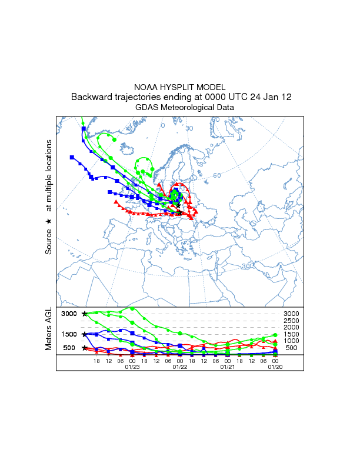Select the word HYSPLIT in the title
(x=179, y=87)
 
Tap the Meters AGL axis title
(x=49, y=329)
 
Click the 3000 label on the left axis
(x=69, y=314)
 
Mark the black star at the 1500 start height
(x=85, y=334)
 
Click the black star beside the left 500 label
(x=85, y=348)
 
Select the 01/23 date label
(x=132, y=367)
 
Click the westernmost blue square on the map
(x=72, y=157)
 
